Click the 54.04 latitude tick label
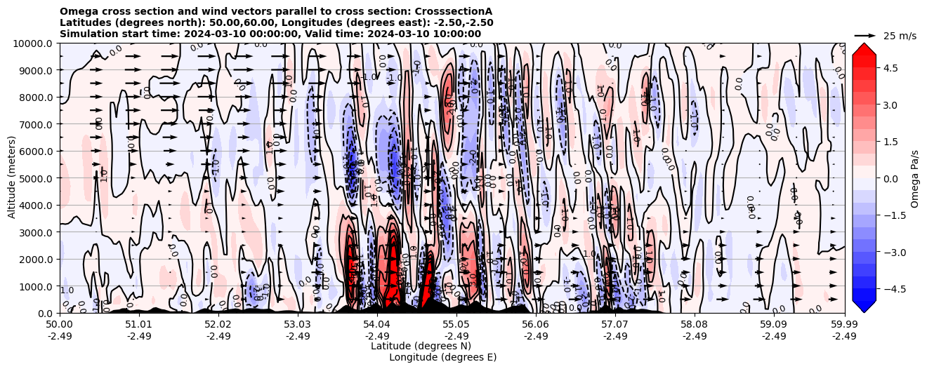[x=376, y=325]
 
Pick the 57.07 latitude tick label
[x=614, y=325]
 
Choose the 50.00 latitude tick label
[x=60, y=325]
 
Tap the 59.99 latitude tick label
[x=844, y=325]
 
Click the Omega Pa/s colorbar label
[x=914, y=178]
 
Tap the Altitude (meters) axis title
[x=12, y=178]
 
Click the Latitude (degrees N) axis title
[x=421, y=346]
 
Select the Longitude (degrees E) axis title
[x=442, y=357]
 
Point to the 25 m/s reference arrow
[x=865, y=35]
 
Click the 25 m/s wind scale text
[x=900, y=36]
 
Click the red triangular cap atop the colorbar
[x=864, y=48]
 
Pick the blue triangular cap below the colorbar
[x=864, y=306]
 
